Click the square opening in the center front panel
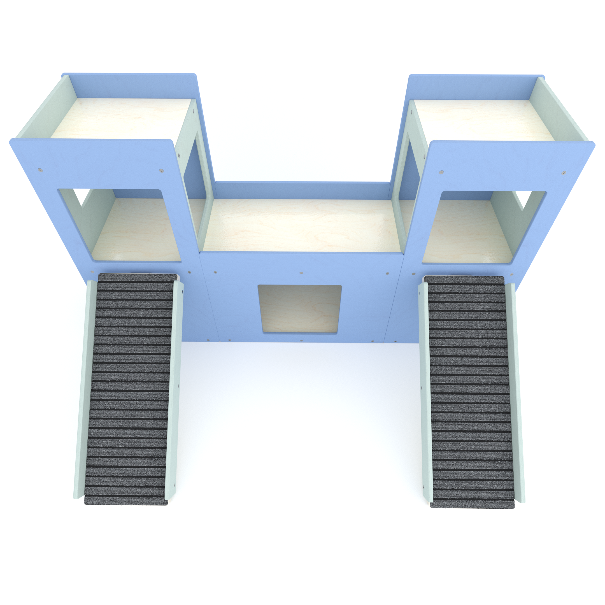pyautogui.click(x=299, y=309)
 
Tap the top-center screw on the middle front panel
pyautogui.click(x=301, y=273)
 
